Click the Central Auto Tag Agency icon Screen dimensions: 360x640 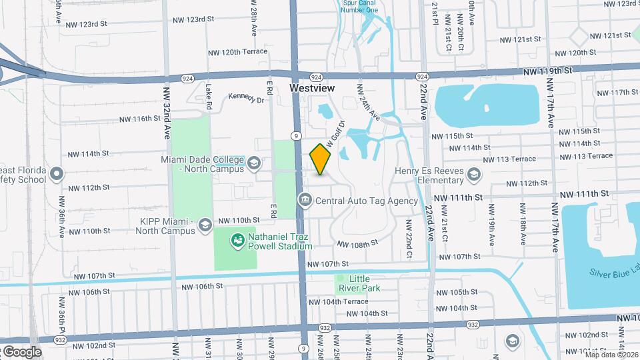(x=305, y=200)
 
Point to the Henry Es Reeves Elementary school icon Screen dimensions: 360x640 (x=473, y=175)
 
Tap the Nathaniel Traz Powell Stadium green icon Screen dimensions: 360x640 (x=237, y=239)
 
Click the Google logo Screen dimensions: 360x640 (x=21, y=351)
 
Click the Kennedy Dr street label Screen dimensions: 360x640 (x=247, y=98)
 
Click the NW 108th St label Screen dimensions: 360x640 (x=357, y=244)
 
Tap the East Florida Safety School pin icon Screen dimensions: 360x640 (x=57, y=175)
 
